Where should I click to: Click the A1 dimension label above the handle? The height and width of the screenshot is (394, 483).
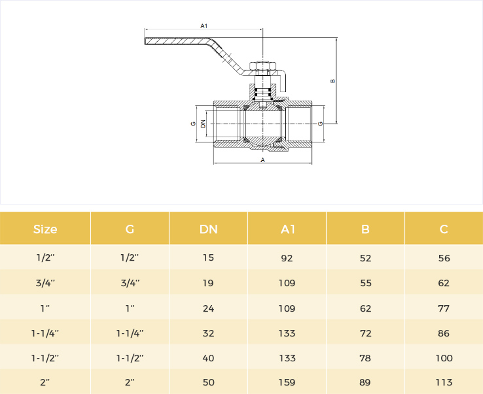click(204, 26)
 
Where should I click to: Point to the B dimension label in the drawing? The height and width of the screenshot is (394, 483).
click(332, 81)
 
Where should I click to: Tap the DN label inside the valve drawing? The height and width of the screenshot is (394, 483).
click(203, 123)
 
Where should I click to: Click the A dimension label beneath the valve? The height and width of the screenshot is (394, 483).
click(262, 160)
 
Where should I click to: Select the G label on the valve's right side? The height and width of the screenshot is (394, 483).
click(320, 123)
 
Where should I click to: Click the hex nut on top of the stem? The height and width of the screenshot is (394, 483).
click(262, 66)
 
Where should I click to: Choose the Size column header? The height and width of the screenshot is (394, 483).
click(45, 229)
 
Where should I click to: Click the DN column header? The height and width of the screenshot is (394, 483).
click(209, 229)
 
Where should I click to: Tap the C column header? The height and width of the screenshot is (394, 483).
click(444, 229)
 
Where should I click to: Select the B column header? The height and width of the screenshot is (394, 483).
click(365, 229)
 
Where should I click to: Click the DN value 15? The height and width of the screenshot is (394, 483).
click(208, 257)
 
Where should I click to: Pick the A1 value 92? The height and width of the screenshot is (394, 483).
click(287, 258)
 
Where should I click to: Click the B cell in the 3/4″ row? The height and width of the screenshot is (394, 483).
click(366, 283)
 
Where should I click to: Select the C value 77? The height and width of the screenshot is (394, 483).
click(444, 308)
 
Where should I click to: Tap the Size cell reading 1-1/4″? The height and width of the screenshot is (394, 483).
click(45, 333)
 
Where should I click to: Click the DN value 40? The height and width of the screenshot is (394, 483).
click(208, 358)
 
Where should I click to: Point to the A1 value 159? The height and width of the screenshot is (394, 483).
click(287, 382)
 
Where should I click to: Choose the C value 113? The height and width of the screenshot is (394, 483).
click(444, 382)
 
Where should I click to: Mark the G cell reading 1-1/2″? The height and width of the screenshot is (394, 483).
click(130, 358)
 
